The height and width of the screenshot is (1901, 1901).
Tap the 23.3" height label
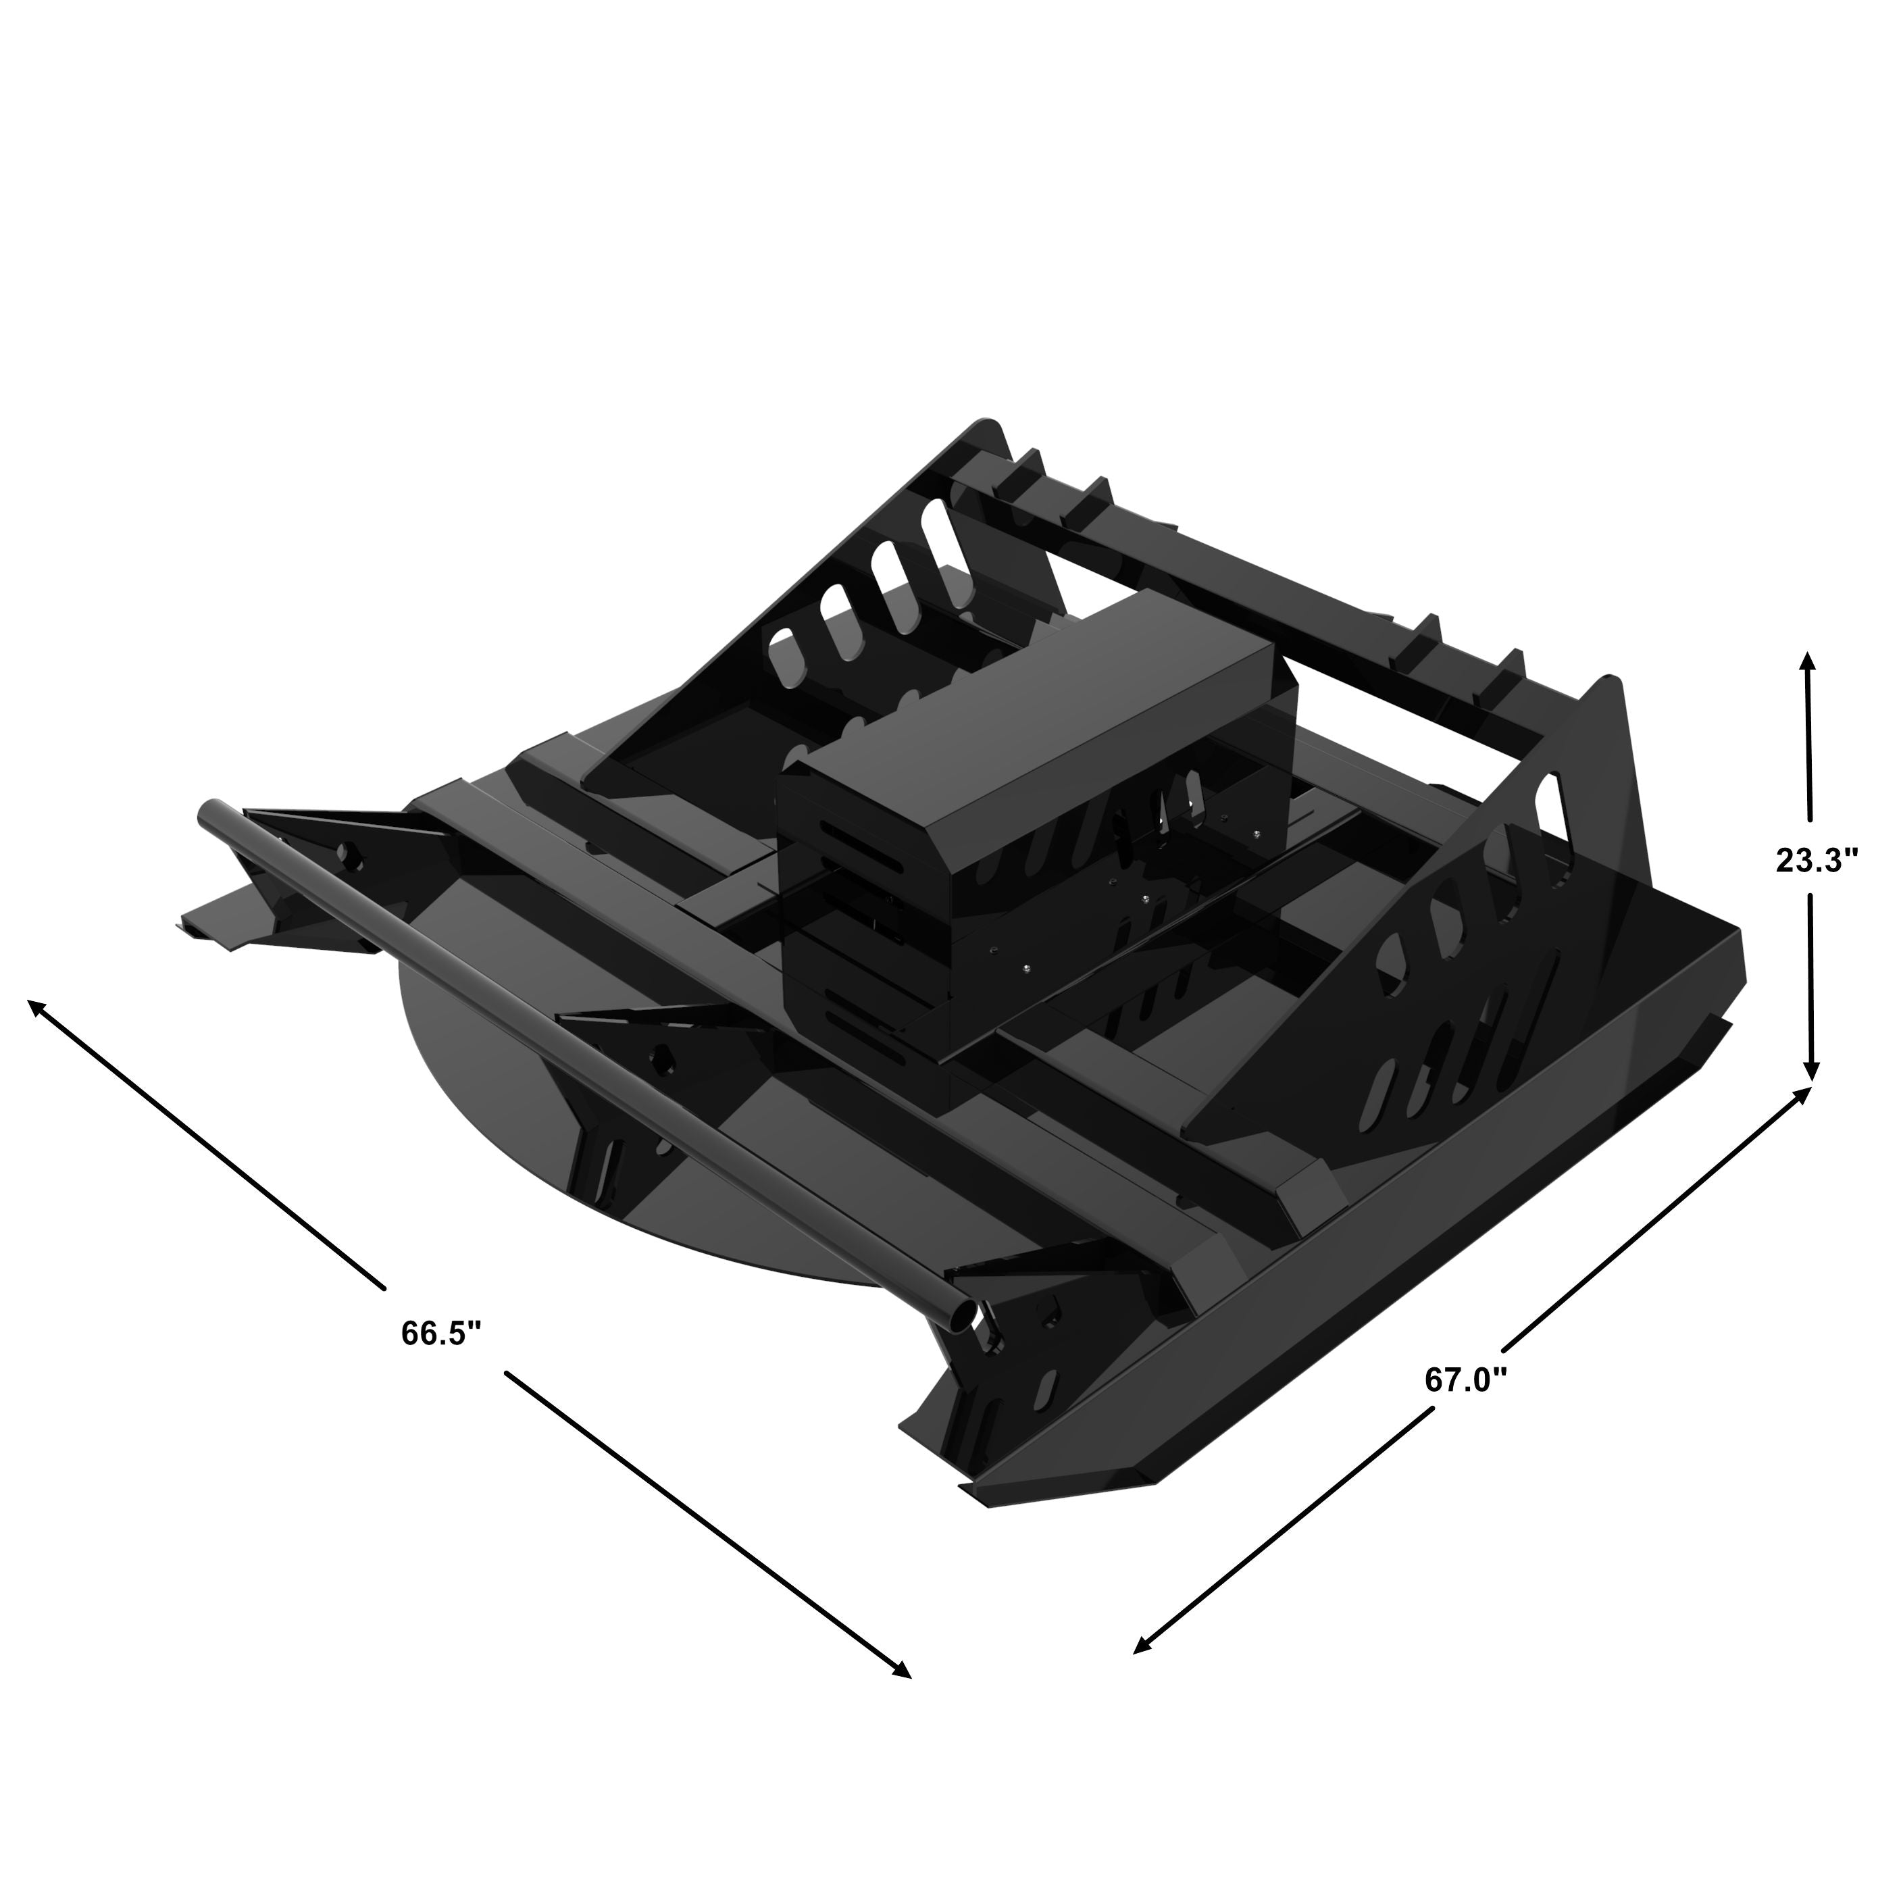[x=1817, y=860]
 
